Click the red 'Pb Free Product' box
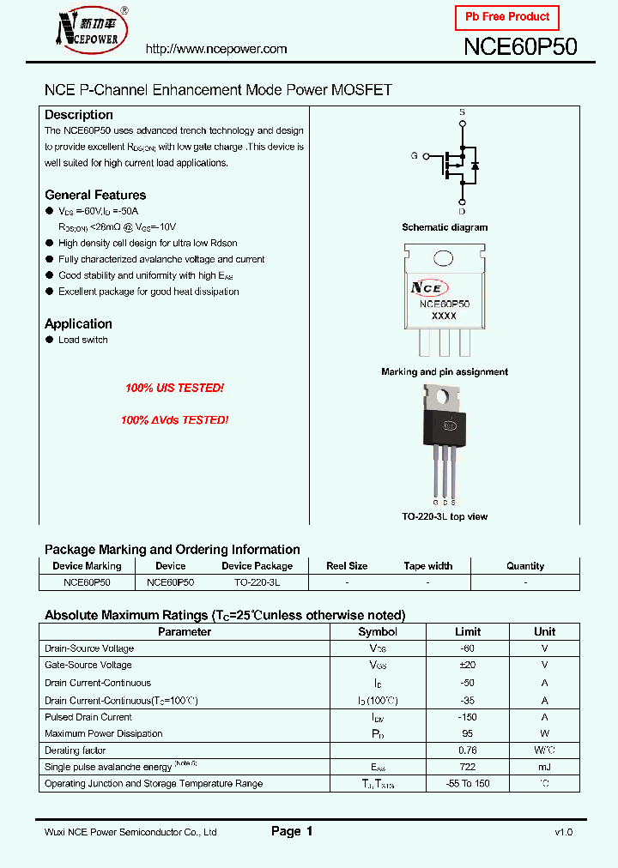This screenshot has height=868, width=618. click(506, 17)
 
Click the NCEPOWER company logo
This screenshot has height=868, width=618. click(88, 33)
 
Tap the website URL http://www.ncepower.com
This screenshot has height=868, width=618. click(216, 49)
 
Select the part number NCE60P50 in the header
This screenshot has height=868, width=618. click(520, 47)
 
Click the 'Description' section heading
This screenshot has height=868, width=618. click(79, 115)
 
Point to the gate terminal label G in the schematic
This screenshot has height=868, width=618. click(414, 155)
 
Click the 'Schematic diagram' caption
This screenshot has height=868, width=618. click(445, 227)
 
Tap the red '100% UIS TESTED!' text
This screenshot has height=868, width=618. click(174, 389)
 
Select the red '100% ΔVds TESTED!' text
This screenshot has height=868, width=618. click(174, 420)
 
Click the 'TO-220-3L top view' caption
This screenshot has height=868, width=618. click(445, 516)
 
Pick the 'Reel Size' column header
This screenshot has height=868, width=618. click(347, 566)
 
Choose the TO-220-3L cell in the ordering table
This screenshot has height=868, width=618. click(257, 582)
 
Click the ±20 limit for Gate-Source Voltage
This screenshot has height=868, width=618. click(468, 665)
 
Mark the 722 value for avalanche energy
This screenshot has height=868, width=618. click(468, 767)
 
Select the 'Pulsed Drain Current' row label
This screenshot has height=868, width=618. click(88, 717)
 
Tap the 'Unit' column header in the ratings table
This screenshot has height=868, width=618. click(544, 632)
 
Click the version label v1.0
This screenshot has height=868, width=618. click(563, 832)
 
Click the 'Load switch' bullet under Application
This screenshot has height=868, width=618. click(83, 341)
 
